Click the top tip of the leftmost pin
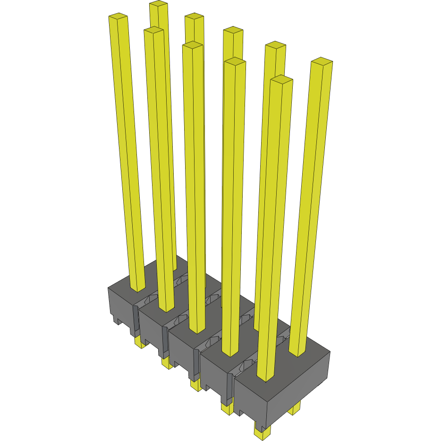[119, 17]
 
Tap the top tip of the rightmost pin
[322, 61]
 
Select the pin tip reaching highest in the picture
[159, 4]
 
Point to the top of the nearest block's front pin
[281, 79]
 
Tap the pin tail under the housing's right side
[295, 408]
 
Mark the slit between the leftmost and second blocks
[135, 321]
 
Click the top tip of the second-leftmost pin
[154, 30]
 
